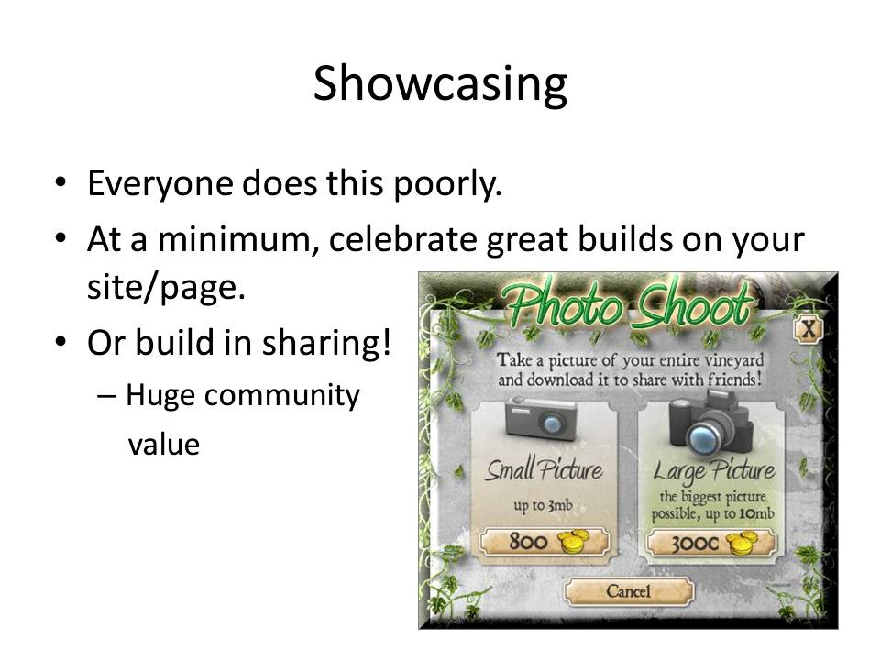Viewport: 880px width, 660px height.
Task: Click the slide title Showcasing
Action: [x=440, y=84]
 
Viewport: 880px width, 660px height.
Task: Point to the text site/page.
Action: [x=167, y=287]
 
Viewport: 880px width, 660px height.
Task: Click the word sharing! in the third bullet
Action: [x=326, y=343]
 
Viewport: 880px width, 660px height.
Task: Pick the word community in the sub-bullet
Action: [x=281, y=396]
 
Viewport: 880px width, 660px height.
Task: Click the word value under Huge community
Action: [x=164, y=444]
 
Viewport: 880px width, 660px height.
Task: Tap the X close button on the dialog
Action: [x=808, y=329]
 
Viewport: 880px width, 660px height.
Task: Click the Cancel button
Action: [x=629, y=591]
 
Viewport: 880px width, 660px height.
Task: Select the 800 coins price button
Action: [x=544, y=542]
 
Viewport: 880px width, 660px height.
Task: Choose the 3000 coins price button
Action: [x=711, y=542]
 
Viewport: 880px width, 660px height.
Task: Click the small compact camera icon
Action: [x=542, y=418]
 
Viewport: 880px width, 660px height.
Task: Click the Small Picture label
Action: [x=544, y=469]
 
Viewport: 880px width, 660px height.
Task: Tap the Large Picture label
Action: [x=714, y=472]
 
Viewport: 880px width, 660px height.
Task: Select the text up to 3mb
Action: [x=543, y=506]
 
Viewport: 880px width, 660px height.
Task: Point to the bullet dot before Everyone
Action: [x=60, y=183]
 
